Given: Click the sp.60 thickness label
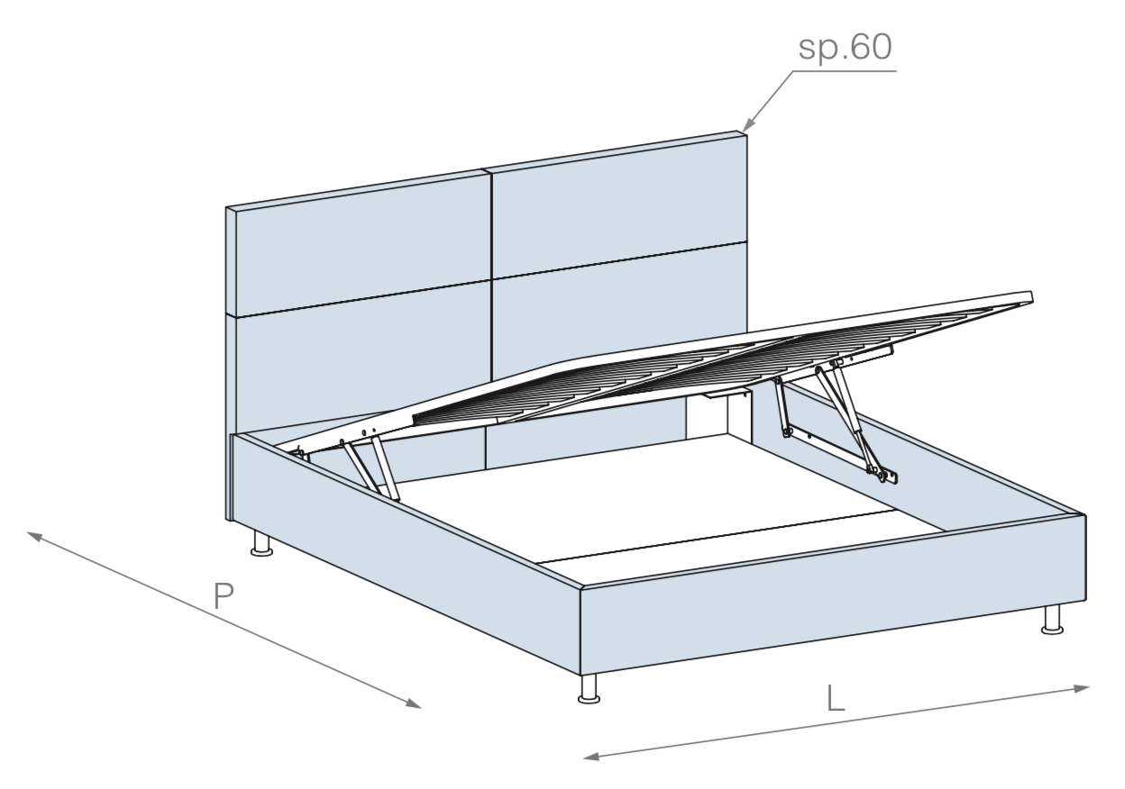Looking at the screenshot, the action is tap(846, 48).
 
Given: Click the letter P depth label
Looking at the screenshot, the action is tap(224, 595).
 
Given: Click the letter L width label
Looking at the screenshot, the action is tap(836, 698).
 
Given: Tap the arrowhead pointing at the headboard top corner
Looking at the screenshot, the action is tap(749, 123).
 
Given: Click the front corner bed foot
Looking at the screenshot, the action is tap(590, 688).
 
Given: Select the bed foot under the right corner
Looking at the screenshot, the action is tap(1052, 620).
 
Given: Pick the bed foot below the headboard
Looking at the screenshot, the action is tap(261, 544).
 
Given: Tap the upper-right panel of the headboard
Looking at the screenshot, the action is tap(618, 205).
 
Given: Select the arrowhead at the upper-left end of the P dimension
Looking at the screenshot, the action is tap(34, 537).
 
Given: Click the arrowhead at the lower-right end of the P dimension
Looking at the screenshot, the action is tap(414, 703).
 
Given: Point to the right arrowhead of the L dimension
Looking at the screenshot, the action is tap(1082, 688).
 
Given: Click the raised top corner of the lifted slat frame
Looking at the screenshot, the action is tap(1031, 296).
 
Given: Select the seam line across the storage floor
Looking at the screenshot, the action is tap(715, 537).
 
